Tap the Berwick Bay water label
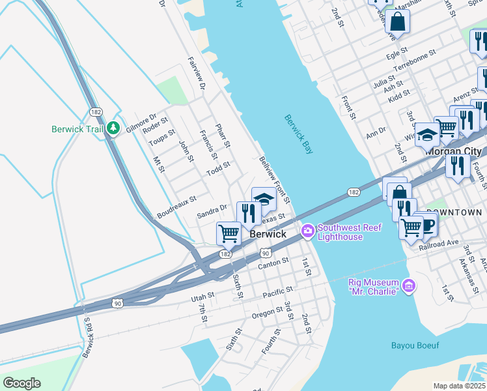[x=299, y=135]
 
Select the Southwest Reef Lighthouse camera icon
[x=307, y=231]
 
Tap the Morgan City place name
[x=456, y=150]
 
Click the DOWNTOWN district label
[x=460, y=212]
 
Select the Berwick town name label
[x=268, y=233]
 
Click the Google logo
[x=21, y=383]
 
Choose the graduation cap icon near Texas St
[x=264, y=198]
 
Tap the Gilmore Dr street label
[x=142, y=122]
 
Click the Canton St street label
[x=273, y=263]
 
